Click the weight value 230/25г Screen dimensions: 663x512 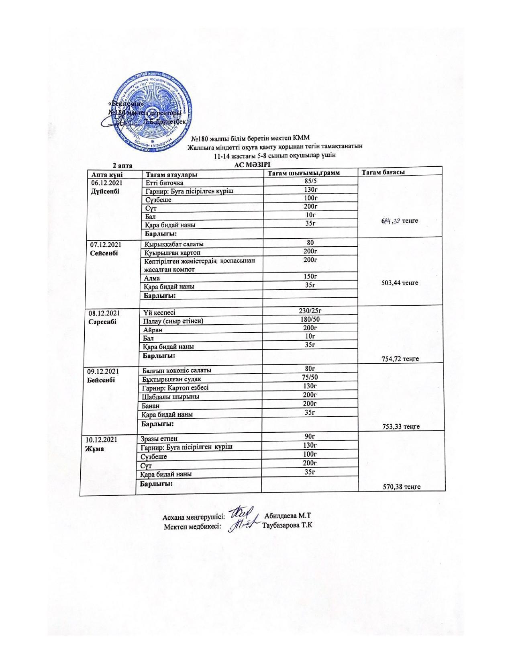[x=310, y=311]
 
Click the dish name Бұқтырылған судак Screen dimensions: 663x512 [x=172, y=379]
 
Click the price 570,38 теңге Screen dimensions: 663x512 [x=402, y=487]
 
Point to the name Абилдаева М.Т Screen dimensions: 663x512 [x=288, y=516]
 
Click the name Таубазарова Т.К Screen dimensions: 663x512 [x=287, y=525]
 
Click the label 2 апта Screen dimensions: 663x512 [x=122, y=165]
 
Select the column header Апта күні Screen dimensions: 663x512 [x=107, y=174]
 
